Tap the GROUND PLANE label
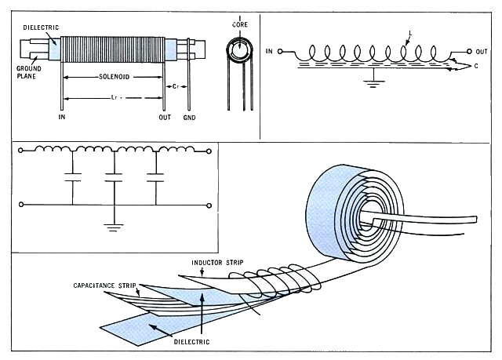tap(29, 73)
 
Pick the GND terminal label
tap(189, 118)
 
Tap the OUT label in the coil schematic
tap(482, 51)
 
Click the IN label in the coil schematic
tap(271, 52)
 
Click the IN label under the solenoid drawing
tap(62, 118)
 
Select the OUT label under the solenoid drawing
tap(165, 118)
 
